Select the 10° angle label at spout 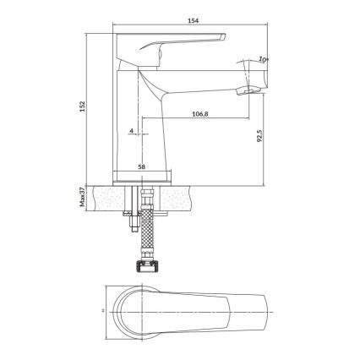coord(265,59)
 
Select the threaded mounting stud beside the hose coord(133,218)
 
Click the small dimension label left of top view coord(101,313)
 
